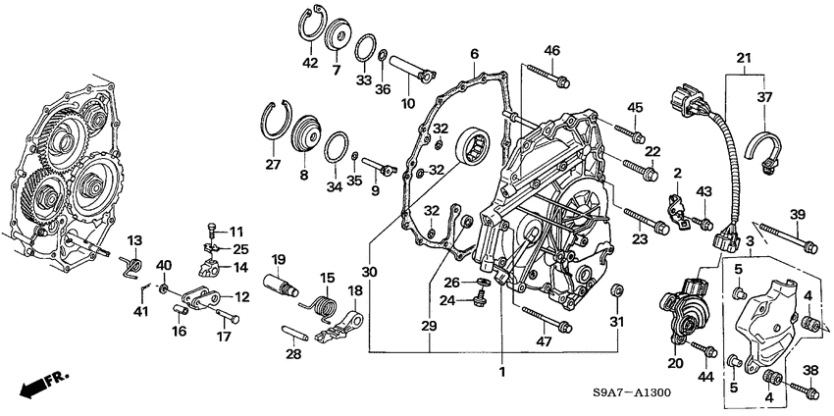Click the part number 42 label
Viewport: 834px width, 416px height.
pyautogui.click(x=310, y=64)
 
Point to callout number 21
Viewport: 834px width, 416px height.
pyautogui.click(x=745, y=58)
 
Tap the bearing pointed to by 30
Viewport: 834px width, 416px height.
pyautogui.click(x=473, y=147)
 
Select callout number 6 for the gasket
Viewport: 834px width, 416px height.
pyautogui.click(x=474, y=54)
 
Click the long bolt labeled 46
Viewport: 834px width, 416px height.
pyautogui.click(x=547, y=76)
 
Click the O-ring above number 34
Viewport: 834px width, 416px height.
pyautogui.click(x=337, y=147)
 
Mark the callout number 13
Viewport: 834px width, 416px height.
pyautogui.click(x=135, y=240)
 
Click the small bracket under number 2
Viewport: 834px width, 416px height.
pyautogui.click(x=678, y=211)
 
